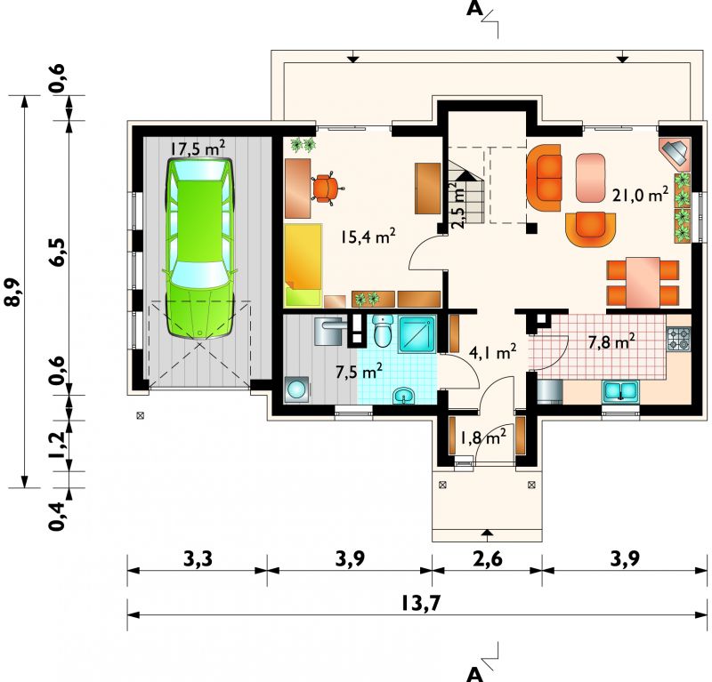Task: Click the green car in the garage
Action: pos(199,249)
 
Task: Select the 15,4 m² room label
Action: pos(368,237)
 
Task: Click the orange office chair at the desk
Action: pos(327,189)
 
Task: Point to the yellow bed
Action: pos(303,265)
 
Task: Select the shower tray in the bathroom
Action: pos(417,335)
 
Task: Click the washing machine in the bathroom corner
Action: pos(297,389)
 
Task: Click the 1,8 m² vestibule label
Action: pos(483,437)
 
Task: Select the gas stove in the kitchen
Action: pos(678,339)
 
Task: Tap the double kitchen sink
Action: pos(620,391)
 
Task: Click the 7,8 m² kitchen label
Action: pos(611,342)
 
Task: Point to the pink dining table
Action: pos(643,283)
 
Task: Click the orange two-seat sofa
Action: pos(544,178)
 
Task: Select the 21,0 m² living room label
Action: pos(640,194)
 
